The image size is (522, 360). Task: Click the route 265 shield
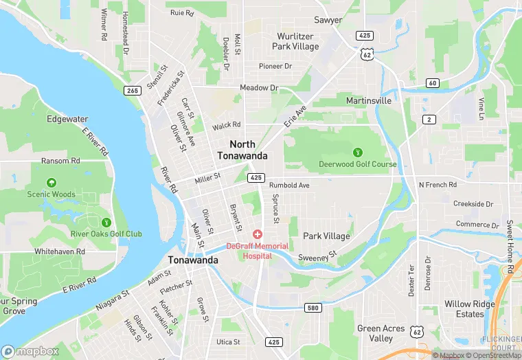click(133, 91)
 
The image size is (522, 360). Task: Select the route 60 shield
click(432, 83)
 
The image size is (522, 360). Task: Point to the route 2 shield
click(429, 120)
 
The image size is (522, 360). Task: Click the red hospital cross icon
click(258, 235)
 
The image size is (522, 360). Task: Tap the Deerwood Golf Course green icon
click(357, 152)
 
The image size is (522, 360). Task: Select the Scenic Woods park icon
click(52, 183)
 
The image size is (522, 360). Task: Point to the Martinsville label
click(368, 100)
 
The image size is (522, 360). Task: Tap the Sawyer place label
click(328, 20)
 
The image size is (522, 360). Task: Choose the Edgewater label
click(67, 119)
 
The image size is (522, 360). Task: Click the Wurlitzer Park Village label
click(296, 41)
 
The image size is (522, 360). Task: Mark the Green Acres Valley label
click(380, 333)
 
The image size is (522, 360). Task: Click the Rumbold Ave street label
click(289, 185)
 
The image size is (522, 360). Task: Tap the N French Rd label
click(438, 185)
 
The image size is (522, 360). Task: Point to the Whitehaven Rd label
click(60, 251)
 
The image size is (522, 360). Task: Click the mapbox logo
click(30, 351)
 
